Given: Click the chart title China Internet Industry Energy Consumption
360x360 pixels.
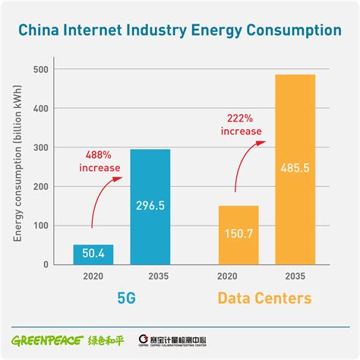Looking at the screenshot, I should [180, 32].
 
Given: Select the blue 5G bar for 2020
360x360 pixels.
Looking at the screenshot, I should [93, 254].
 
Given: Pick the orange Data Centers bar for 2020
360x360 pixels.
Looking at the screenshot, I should [238, 235].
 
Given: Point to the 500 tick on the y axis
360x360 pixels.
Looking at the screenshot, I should [41, 70].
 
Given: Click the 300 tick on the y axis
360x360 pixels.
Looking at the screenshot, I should [41, 148].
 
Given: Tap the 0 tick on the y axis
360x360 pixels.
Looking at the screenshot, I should [46, 264].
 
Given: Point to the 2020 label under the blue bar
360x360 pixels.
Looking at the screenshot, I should [93, 276].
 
